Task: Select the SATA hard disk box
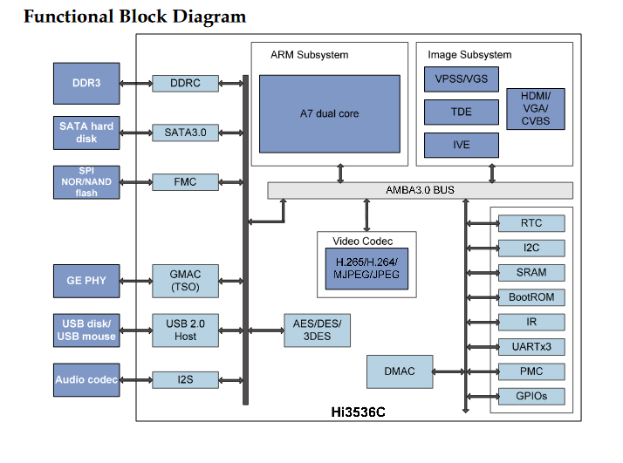click(x=86, y=133)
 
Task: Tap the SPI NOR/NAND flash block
click(x=86, y=182)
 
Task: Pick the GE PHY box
click(x=86, y=280)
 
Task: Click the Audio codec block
click(x=86, y=379)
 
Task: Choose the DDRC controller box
click(x=185, y=83)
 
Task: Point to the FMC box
click(x=185, y=182)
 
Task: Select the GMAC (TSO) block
click(x=185, y=280)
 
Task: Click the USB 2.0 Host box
click(x=185, y=330)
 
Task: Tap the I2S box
click(x=185, y=379)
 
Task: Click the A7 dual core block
click(x=330, y=113)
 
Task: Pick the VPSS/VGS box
click(x=461, y=80)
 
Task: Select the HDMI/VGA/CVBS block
click(x=535, y=108)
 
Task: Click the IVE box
click(x=461, y=145)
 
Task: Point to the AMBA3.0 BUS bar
click(x=420, y=190)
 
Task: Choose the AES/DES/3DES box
click(x=318, y=330)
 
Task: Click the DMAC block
click(x=400, y=371)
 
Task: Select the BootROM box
click(x=531, y=297)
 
